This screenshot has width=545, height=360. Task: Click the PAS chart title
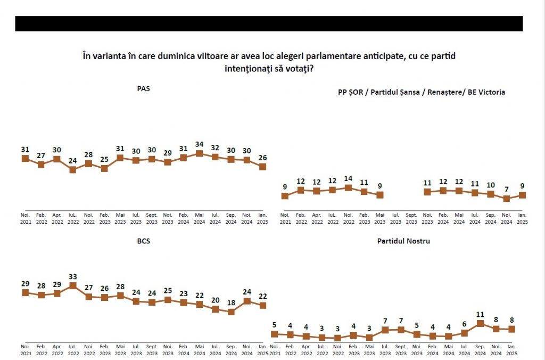tap(143, 89)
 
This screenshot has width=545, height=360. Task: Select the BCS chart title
tap(143, 241)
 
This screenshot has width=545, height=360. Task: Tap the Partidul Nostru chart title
tap(403, 241)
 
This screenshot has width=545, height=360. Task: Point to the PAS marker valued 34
tap(200, 153)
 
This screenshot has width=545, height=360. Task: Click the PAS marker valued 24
tap(73, 170)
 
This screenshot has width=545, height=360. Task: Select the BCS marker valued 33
tap(73, 285)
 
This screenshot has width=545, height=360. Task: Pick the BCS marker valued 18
tap(231, 312)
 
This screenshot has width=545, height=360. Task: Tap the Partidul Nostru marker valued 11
tap(480, 323)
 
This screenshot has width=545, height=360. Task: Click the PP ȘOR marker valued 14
tap(348, 187)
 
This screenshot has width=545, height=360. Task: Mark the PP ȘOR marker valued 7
tap(507, 199)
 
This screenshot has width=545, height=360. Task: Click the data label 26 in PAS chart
tap(262, 157)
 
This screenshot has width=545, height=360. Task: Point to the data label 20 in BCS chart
tap(215, 300)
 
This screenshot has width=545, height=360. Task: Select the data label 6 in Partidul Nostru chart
tap(464, 324)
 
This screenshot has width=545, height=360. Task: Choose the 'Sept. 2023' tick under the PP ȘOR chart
tap(411, 218)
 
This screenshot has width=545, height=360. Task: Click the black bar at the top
tap(269, 23)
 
